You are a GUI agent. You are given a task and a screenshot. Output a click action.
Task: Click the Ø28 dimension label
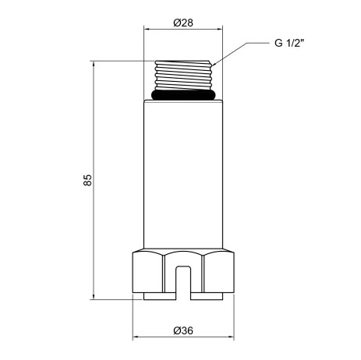pos(183,23)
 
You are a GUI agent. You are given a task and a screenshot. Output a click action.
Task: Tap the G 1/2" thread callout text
pos(289,43)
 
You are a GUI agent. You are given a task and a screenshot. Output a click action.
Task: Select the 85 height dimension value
pos(87,180)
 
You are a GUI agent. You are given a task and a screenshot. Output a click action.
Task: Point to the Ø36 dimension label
pos(183,330)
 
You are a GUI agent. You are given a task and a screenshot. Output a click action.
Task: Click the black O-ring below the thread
pos(183,95)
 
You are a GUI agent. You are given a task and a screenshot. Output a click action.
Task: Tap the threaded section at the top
pos(183,76)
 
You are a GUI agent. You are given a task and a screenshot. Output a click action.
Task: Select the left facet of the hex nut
pos(147,272)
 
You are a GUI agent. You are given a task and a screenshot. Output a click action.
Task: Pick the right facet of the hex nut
pos(218,272)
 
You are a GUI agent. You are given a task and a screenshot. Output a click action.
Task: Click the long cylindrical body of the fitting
pos(183,175)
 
